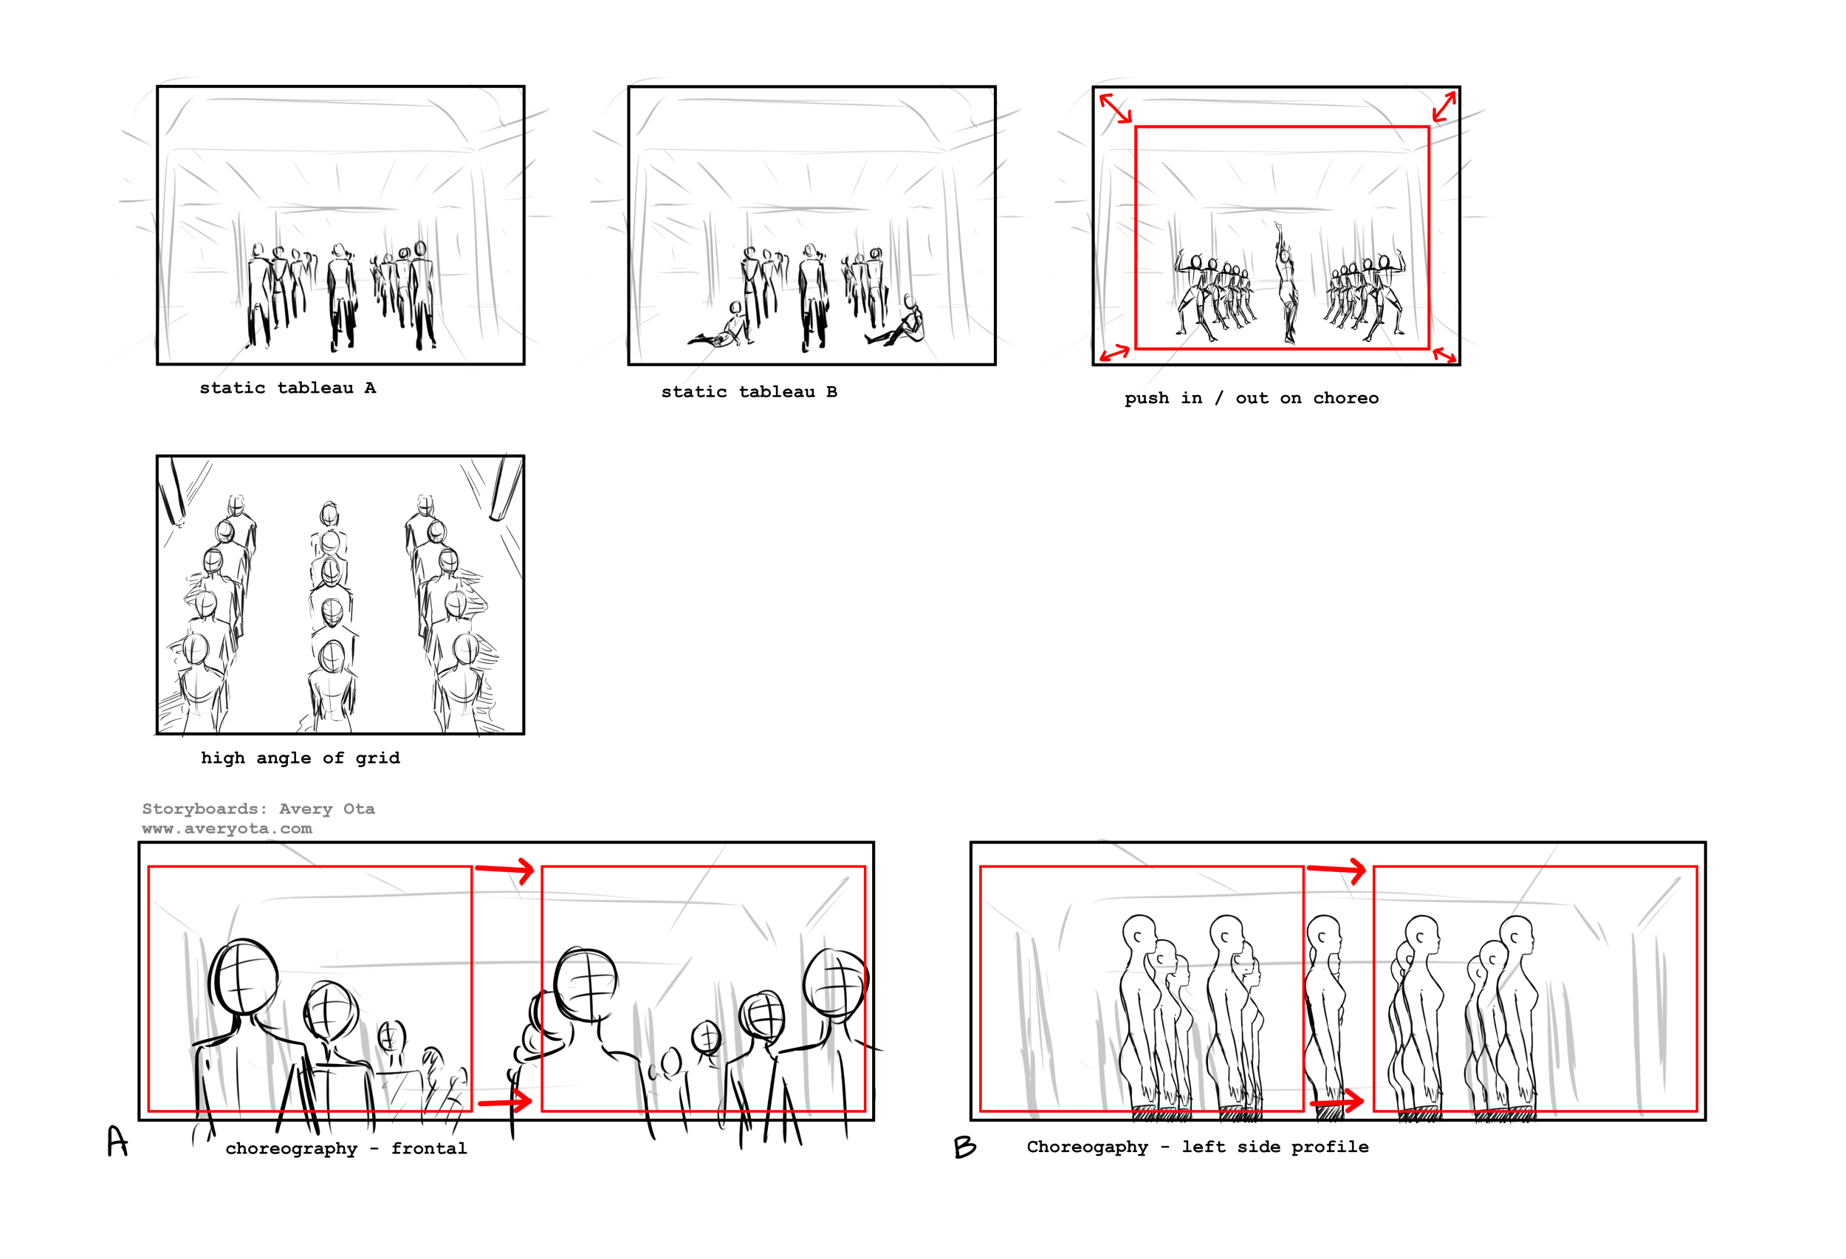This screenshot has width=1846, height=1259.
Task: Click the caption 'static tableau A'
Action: pos(287,388)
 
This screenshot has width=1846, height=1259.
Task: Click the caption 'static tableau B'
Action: pos(749,391)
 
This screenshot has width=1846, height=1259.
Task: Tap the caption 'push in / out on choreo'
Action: pos(1251,398)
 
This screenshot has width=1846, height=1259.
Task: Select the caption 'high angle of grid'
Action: pos(301,758)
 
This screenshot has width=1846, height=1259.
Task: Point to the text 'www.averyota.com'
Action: pos(227,829)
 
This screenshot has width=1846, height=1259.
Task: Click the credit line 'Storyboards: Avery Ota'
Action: pos(258,809)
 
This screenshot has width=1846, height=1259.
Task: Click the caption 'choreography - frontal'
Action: pos(346,1148)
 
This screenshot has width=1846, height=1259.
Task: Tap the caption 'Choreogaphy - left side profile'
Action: pos(1198,1147)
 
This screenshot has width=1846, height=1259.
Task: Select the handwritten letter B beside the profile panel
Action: pos(965,1147)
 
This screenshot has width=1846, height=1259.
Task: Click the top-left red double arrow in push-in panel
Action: pos(1115,108)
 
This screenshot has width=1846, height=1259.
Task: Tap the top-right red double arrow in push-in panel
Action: pos(1444,106)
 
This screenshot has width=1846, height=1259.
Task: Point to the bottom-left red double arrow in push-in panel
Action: pos(1114,353)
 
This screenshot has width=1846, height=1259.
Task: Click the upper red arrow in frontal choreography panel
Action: pos(505,870)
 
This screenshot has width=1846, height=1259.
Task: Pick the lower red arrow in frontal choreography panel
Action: pos(505,1102)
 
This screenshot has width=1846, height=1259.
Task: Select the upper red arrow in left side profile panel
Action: pos(1337,870)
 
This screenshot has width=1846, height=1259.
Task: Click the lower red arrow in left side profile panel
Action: pos(1337,1102)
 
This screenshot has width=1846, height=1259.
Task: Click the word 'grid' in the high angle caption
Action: pos(378,758)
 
